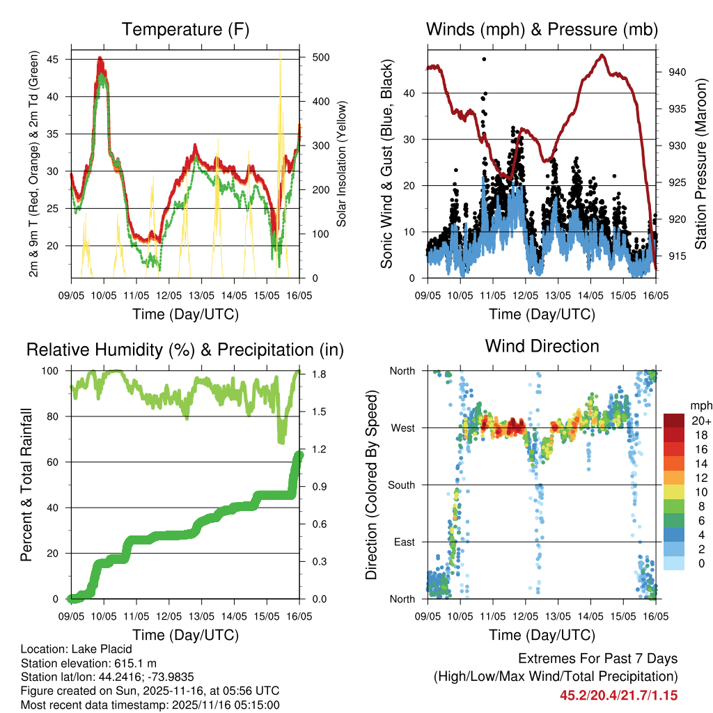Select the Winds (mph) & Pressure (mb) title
click(x=542, y=30)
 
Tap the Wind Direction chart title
click(x=542, y=346)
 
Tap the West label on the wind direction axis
click(x=402, y=428)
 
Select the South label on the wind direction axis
click(x=401, y=485)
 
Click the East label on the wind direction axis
click(x=404, y=542)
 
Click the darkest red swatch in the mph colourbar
click(x=673, y=420)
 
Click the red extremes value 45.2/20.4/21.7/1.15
click(x=618, y=695)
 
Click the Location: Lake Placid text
click(x=77, y=649)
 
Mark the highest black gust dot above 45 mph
click(x=484, y=59)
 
